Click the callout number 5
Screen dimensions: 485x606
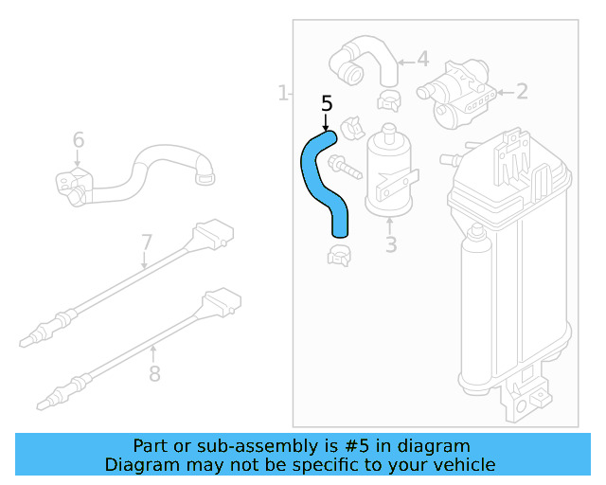coord(327,103)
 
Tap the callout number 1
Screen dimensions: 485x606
coord(282,93)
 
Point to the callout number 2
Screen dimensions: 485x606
coord(522,92)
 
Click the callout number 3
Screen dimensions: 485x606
coord(390,246)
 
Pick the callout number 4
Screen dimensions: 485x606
coord(422,59)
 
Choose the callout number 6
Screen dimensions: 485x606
coord(79,141)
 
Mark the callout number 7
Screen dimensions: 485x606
coord(147,242)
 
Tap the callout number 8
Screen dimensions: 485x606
coord(155,373)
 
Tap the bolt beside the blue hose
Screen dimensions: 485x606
coord(343,169)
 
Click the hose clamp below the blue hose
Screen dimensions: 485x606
coord(342,254)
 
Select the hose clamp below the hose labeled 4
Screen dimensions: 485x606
coord(387,98)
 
